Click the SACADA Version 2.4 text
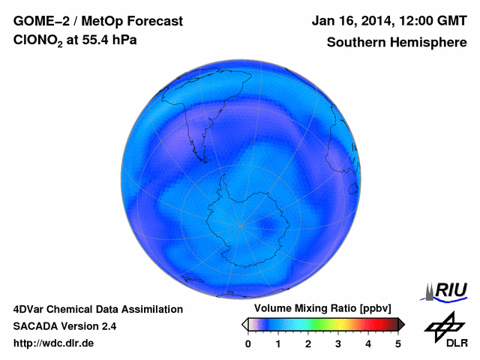pyautogui.click(x=64, y=326)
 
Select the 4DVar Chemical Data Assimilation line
pyautogui.click(x=97, y=309)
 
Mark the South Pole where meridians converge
pyautogui.click(x=241, y=225)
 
